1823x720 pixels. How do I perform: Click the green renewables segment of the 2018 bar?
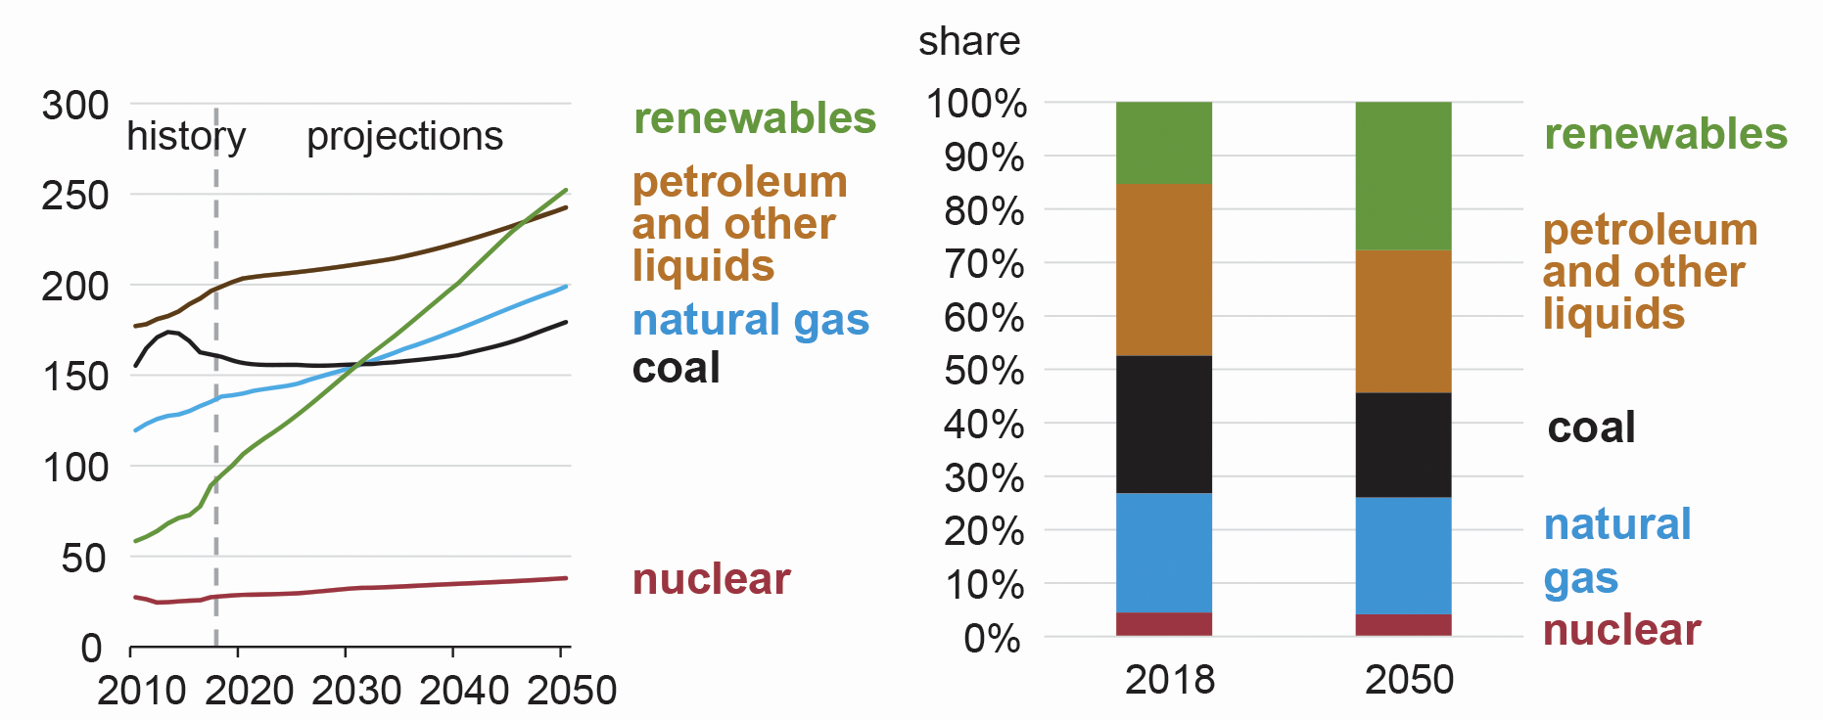point(1163,143)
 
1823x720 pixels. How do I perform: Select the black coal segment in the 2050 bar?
point(1403,445)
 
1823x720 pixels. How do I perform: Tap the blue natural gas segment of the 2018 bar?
point(1163,553)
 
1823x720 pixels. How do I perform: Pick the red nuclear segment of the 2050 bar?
point(1403,625)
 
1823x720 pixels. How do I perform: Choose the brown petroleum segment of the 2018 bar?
point(1163,269)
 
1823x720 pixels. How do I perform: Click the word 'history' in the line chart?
point(186,136)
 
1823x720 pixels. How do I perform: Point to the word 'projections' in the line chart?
point(404,136)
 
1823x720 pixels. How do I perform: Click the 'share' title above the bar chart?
point(968,41)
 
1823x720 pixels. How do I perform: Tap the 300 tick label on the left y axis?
point(75,106)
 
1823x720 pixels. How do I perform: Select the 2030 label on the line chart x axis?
point(356,691)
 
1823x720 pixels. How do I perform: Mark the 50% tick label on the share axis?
point(984,371)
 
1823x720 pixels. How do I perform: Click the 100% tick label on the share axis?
point(976,104)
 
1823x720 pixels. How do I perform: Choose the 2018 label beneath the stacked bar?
point(1169,680)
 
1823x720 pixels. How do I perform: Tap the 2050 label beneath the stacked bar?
point(1409,680)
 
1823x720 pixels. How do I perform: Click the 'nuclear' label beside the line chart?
point(711,579)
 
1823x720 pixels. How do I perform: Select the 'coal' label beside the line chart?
point(676,368)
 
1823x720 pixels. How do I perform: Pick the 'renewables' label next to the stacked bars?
point(1665,134)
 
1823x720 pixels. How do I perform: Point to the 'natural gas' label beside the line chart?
point(750,320)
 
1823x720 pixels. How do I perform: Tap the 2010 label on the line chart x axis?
point(141,691)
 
